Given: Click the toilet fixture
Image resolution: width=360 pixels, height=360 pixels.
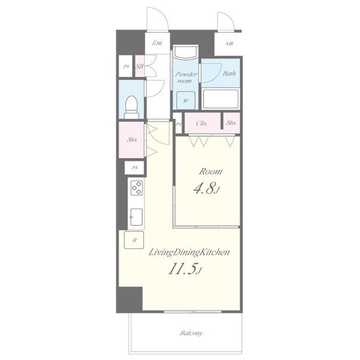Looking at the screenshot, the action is [x=131, y=107].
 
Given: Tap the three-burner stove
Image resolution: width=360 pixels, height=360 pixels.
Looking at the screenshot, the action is [x=137, y=188].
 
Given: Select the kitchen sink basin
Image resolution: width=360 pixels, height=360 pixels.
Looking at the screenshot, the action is [x=136, y=217].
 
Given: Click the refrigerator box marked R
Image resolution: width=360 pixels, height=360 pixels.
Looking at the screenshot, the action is [x=134, y=240].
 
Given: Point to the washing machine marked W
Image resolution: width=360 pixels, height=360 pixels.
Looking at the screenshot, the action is [x=186, y=100].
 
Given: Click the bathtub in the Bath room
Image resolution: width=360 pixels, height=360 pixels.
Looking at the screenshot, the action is [x=221, y=99].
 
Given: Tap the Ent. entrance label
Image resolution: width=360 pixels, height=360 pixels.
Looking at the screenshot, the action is [x=157, y=43].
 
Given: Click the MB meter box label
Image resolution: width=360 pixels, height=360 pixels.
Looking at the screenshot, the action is [x=229, y=43].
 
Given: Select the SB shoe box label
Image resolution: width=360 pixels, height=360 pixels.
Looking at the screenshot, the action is [x=139, y=67].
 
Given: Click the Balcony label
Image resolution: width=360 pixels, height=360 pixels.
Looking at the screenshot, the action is [x=191, y=333].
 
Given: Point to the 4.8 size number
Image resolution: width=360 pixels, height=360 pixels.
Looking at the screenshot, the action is [x=205, y=189].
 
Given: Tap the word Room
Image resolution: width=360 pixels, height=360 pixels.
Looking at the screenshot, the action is [x=211, y=172].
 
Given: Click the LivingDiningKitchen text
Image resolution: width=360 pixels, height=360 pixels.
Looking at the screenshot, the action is [x=189, y=253].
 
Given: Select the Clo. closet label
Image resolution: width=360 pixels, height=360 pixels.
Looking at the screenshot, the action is [x=202, y=124].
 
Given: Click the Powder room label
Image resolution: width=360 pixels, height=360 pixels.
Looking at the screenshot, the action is [x=186, y=77].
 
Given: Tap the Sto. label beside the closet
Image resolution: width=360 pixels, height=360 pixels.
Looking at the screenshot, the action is [x=231, y=123].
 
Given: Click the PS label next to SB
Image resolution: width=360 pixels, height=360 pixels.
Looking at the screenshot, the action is [x=126, y=67].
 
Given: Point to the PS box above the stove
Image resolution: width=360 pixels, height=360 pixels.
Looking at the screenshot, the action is [x=134, y=167].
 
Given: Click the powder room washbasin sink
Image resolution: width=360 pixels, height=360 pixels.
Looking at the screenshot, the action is [x=185, y=52].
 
